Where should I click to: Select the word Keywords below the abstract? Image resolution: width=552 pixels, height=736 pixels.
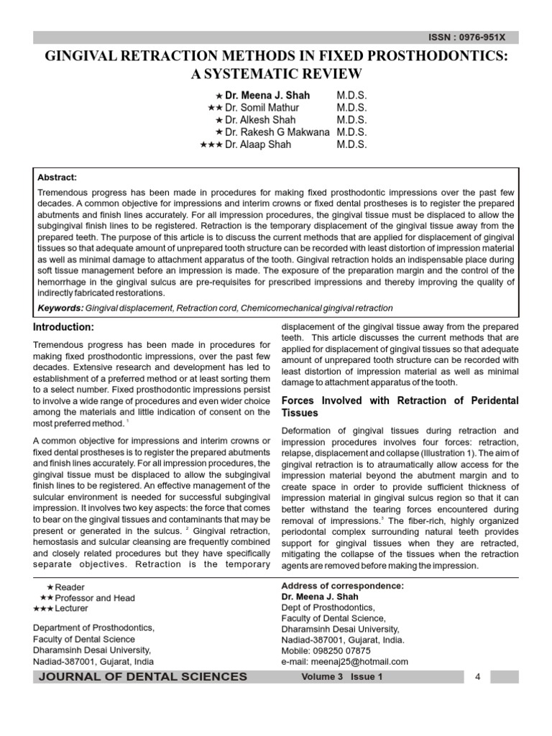(x=60, y=308)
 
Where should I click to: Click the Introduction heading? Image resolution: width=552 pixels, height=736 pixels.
(x=64, y=327)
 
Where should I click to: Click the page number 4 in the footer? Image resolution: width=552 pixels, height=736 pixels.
(x=477, y=677)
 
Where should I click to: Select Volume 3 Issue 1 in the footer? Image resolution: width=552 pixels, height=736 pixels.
(x=342, y=677)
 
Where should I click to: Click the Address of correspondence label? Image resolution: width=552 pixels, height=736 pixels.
(x=342, y=586)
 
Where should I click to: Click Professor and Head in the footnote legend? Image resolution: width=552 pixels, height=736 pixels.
(x=95, y=598)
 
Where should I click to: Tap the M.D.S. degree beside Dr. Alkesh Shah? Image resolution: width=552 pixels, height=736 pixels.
(x=351, y=120)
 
